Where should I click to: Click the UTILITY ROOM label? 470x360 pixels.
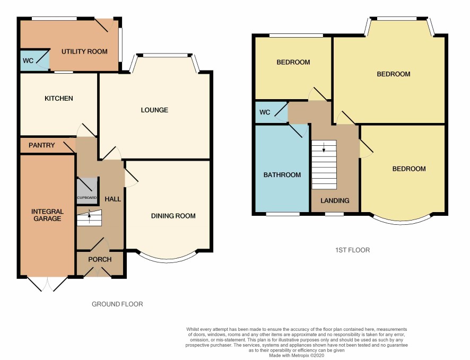(x=84, y=51)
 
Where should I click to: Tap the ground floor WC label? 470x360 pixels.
(x=28, y=61)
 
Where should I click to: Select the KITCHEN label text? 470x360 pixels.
(x=59, y=98)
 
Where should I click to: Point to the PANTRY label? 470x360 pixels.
(x=42, y=145)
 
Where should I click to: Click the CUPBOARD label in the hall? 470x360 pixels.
(x=87, y=198)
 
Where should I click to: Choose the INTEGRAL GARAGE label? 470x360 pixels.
(x=47, y=215)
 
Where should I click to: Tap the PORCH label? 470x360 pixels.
(x=100, y=259)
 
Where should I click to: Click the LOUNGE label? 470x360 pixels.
(x=154, y=110)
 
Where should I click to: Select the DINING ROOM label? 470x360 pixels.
(x=173, y=216)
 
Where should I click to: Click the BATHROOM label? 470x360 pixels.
(x=282, y=175)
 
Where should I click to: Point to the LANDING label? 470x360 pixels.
(x=335, y=200)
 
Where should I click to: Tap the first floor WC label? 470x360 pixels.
(x=265, y=112)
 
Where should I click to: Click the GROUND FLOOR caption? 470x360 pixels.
(x=117, y=304)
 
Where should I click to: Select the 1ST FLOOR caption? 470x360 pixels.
(x=352, y=250)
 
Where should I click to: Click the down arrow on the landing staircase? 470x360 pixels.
(x=324, y=147)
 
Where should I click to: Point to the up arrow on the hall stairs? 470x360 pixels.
(x=89, y=215)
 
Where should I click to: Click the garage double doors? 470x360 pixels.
(x=47, y=284)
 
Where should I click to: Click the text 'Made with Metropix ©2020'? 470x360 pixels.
(x=297, y=356)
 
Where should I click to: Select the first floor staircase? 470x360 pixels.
(x=324, y=164)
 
